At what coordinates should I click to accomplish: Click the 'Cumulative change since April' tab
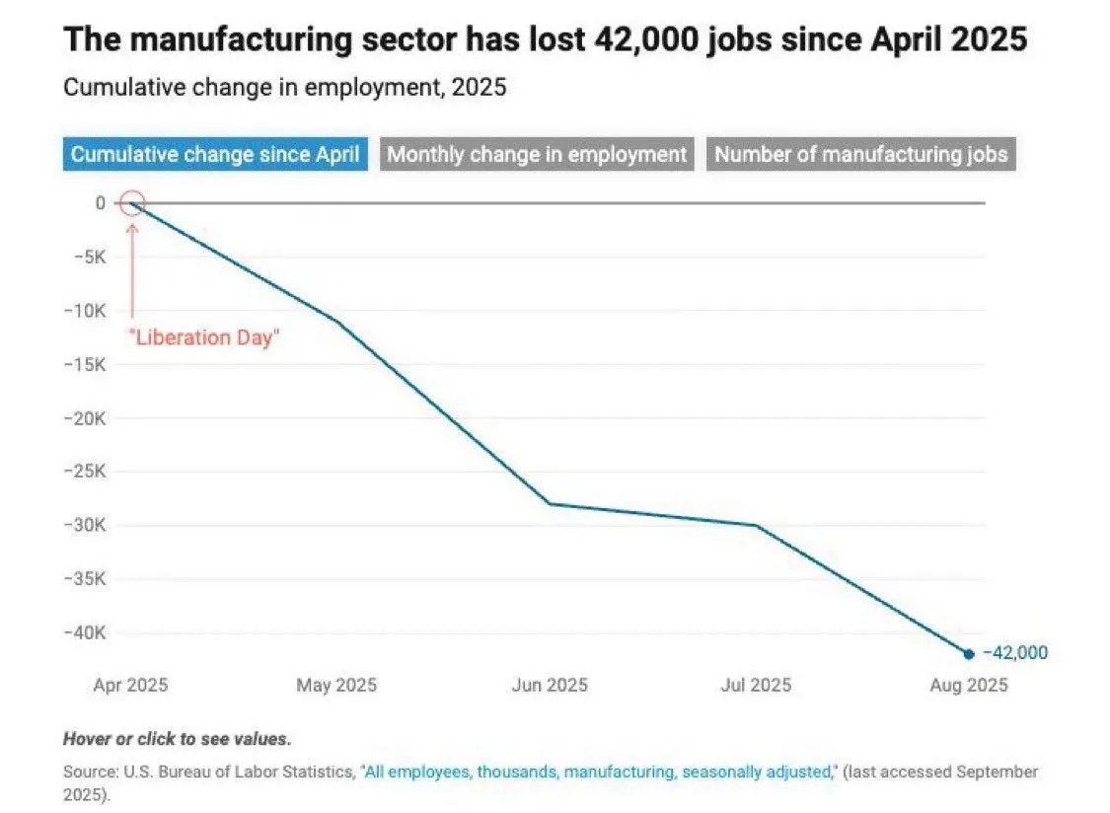(215, 155)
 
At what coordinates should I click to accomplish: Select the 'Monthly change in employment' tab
(537, 155)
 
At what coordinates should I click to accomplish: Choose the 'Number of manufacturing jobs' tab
(860, 155)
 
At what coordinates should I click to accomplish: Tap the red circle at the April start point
(131, 204)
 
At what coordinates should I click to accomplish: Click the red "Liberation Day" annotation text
(205, 336)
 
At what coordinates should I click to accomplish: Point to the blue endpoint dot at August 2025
(968, 653)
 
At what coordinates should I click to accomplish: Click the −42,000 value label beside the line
(1014, 653)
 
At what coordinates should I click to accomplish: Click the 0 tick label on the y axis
(100, 203)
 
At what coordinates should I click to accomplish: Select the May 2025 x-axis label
(335, 685)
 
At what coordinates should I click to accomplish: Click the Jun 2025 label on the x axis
(548, 685)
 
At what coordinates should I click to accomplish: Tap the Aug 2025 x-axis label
(968, 685)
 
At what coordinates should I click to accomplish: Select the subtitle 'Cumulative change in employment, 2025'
(284, 87)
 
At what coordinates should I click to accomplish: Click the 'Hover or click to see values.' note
(178, 738)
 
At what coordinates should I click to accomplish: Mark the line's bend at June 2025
(549, 504)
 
